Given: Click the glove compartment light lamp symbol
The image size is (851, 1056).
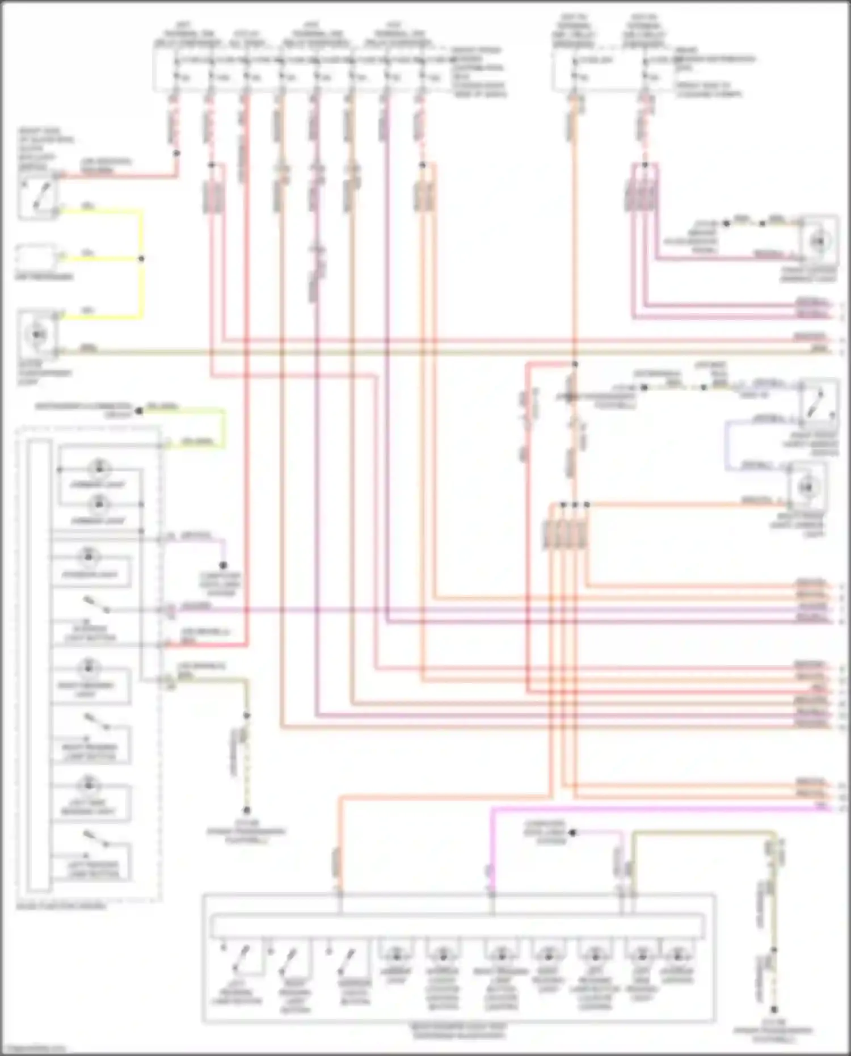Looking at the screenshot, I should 37,334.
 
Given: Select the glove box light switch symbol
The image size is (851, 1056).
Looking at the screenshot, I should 37,196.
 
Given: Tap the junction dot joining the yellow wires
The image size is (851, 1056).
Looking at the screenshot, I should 141,259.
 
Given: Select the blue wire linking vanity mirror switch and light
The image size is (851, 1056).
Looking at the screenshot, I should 727,445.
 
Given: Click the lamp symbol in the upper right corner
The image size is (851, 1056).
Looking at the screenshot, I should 818,242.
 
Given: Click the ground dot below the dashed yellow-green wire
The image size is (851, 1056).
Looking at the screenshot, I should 247,810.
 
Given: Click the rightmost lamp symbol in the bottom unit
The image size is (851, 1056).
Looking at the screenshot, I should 676,954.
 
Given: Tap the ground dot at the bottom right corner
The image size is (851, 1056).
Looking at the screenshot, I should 774,1009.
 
